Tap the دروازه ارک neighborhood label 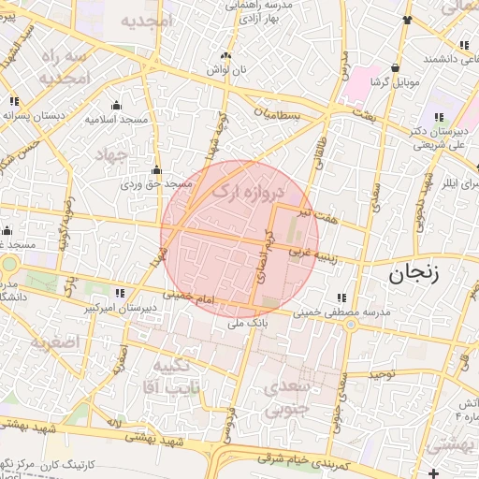(247, 183)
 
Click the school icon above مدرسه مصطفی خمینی (353, 298)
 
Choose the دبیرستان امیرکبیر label (122, 306)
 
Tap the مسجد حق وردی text (155, 184)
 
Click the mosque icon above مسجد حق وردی (156, 171)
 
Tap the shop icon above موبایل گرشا (396, 68)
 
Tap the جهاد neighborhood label (117, 156)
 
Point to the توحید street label (383, 374)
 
